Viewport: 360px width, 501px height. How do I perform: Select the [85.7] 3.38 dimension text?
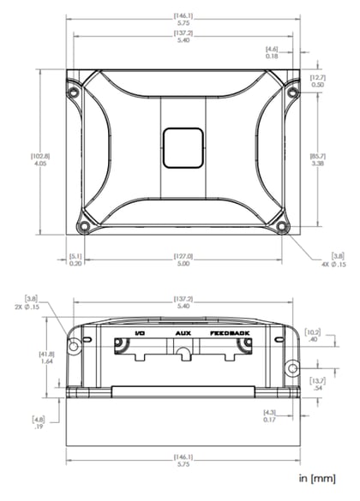pyautogui.click(x=318, y=160)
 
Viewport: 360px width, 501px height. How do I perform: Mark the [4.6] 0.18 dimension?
pyautogui.click(x=272, y=52)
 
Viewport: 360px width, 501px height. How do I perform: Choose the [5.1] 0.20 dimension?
pyautogui.click(x=75, y=260)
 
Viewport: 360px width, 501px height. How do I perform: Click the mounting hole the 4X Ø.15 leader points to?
pyautogui.click(x=282, y=228)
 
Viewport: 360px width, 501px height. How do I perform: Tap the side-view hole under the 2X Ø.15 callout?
pyautogui.click(x=74, y=345)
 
